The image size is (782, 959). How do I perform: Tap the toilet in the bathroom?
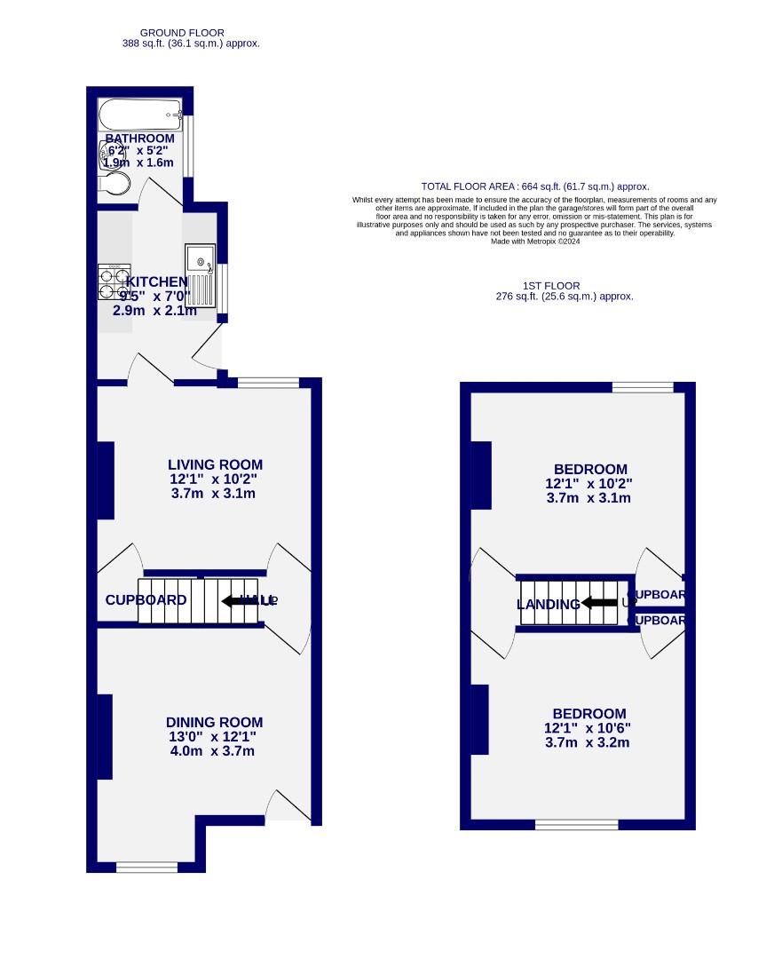115,185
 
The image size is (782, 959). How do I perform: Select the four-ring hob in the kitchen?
114,281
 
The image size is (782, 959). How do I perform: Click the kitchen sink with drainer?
201,274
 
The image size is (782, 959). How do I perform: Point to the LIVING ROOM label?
215,464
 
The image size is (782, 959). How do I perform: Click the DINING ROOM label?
214,723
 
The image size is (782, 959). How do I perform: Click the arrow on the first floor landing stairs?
599,604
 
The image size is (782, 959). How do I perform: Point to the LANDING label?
548,605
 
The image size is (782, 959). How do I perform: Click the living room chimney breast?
106,479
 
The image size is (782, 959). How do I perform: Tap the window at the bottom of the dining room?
146,867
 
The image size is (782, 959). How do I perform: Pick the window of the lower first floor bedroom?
576,825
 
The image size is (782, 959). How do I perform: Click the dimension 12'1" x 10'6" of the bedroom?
588,728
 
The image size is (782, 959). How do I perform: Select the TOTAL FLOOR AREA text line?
534,186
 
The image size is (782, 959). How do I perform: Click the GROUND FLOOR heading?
182,33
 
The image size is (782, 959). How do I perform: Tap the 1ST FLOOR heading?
551,286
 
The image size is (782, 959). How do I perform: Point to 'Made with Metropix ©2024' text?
534,241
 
